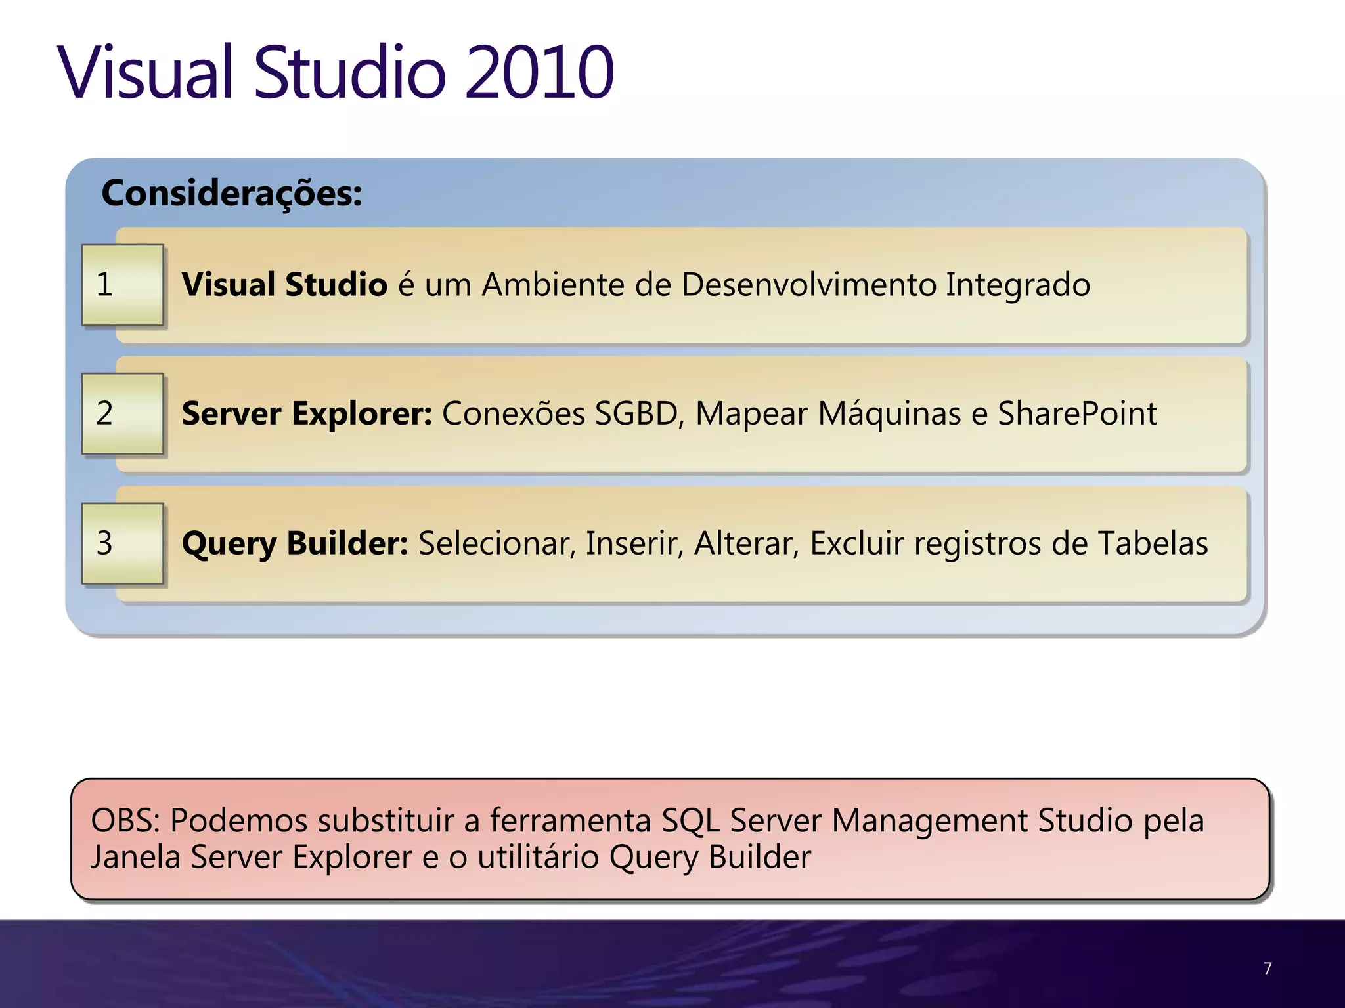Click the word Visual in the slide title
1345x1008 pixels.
click(146, 72)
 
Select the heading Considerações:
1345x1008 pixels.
click(231, 194)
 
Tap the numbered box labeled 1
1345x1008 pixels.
click(122, 285)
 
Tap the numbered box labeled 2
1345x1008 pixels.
click(122, 413)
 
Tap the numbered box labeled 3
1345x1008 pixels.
click(122, 543)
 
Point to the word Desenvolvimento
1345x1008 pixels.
click(808, 285)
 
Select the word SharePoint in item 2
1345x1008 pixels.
click(1077, 414)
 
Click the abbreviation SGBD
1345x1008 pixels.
click(636, 414)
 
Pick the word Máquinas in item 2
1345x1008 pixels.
click(889, 414)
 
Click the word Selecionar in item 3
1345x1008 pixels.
click(497, 543)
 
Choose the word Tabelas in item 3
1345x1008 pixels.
click(1153, 543)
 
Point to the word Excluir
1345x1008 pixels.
click(857, 543)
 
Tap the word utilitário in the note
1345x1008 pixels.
click(538, 858)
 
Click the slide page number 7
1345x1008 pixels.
click(1268, 969)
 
